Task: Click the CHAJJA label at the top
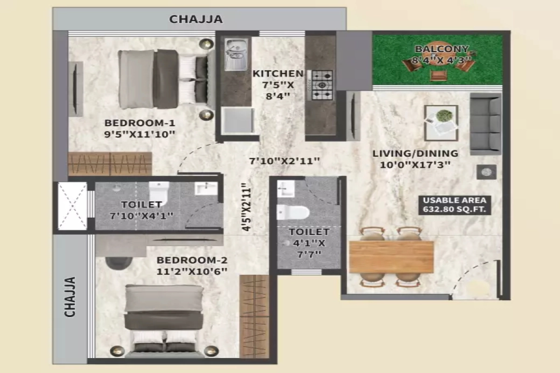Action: click(x=196, y=19)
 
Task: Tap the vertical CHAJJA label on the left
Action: click(x=70, y=297)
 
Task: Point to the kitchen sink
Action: click(x=236, y=55)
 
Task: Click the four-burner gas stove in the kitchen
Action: click(x=322, y=85)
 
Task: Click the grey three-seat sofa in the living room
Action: click(x=485, y=124)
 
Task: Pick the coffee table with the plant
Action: click(x=441, y=122)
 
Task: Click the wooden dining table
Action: click(x=391, y=257)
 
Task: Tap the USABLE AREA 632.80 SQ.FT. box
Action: click(x=455, y=205)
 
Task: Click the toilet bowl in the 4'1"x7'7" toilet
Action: click(x=293, y=212)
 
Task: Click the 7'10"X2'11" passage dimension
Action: click(x=284, y=161)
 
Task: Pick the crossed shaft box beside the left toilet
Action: click(x=72, y=206)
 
